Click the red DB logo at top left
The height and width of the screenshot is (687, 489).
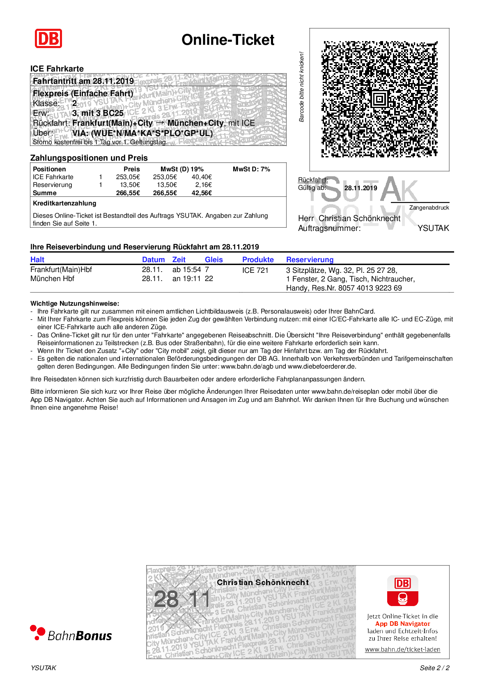click(48, 39)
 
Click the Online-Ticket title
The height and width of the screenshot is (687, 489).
click(228, 40)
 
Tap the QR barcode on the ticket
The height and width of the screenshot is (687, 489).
click(379, 99)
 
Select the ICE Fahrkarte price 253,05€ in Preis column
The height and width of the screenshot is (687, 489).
click(128, 177)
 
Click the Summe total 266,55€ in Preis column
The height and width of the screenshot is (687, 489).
click(128, 193)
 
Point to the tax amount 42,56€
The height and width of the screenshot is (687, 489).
click(202, 193)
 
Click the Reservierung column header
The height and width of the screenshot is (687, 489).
click(310, 260)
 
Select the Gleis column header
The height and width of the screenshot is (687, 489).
click(214, 260)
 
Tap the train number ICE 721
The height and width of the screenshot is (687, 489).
click(255, 270)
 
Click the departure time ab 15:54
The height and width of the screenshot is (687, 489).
click(186, 270)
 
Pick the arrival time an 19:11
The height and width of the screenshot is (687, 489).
click(186, 279)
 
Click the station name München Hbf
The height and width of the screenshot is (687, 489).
click(52, 279)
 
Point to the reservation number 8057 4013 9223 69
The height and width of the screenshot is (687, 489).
click(370, 288)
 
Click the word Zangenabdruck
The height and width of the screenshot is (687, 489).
click(429, 208)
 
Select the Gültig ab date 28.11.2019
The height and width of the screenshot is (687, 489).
click(360, 188)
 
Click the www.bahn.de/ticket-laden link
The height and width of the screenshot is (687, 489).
click(402, 650)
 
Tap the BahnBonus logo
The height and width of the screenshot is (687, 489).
click(71, 634)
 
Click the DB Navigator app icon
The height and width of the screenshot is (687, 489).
click(402, 591)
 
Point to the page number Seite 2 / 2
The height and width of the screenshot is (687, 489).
click(434, 668)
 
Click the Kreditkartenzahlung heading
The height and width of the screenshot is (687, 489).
click(64, 203)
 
